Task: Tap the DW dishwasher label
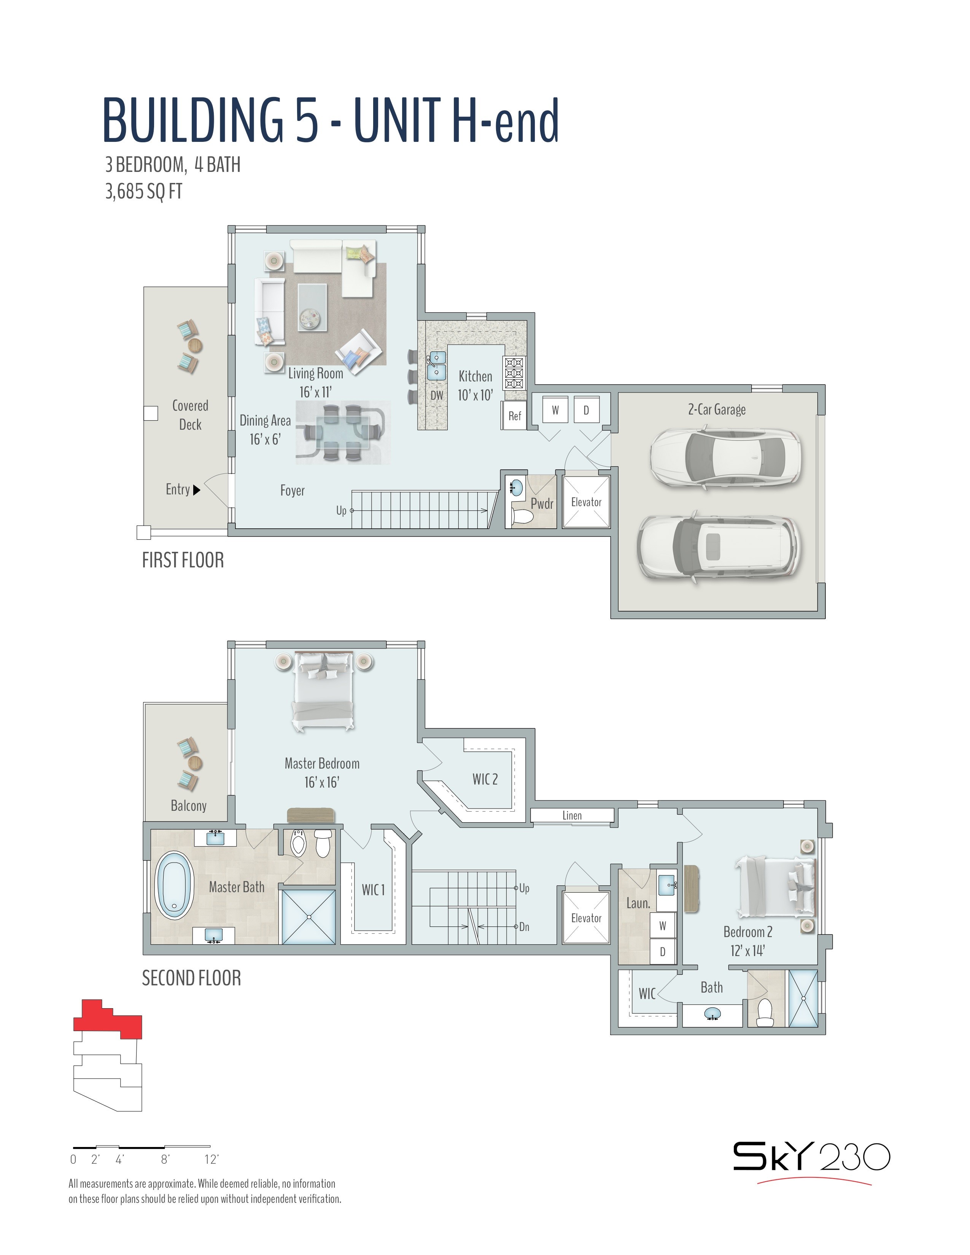(x=437, y=396)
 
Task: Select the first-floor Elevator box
(x=586, y=502)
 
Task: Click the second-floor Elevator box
(x=586, y=918)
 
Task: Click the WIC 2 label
(x=485, y=779)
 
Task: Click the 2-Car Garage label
(x=717, y=409)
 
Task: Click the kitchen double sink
(x=437, y=366)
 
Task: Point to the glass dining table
(x=343, y=432)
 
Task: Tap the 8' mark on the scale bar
(x=165, y=1160)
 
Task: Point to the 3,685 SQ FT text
(x=144, y=191)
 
